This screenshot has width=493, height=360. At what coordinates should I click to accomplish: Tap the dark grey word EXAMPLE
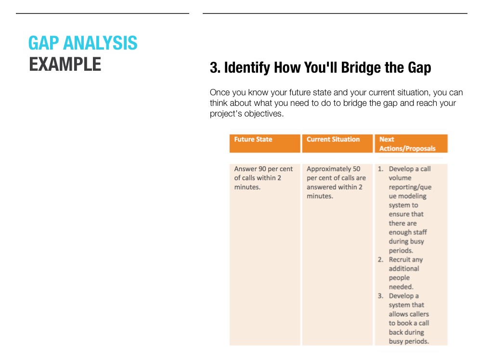65,64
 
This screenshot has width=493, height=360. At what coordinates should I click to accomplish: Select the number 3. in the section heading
215,68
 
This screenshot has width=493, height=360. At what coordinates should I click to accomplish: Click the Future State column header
253,140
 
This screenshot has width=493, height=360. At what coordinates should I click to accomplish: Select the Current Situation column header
333,140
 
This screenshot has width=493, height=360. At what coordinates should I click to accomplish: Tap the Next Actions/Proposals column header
407,144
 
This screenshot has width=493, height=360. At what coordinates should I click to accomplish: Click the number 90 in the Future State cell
262,169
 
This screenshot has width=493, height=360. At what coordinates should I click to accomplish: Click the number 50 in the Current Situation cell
356,169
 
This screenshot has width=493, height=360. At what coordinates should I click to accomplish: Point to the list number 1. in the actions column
380,169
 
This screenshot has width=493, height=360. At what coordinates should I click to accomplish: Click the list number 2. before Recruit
380,260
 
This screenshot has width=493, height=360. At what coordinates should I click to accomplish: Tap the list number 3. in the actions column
380,296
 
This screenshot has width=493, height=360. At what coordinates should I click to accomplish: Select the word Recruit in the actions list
400,260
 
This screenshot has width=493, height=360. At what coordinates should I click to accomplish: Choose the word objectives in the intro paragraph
263,114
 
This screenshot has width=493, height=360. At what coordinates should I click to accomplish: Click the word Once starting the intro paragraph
220,92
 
